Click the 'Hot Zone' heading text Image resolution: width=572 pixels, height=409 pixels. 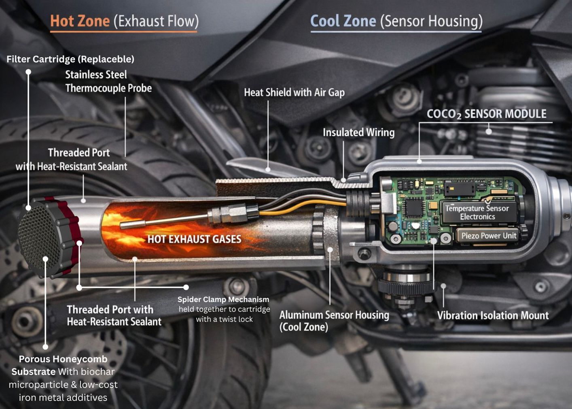pos(80,21)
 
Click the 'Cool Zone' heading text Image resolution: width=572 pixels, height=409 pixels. pos(343,21)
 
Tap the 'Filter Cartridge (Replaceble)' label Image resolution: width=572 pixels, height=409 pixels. pos(70,59)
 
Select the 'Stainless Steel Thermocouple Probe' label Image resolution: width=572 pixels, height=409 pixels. pos(108,81)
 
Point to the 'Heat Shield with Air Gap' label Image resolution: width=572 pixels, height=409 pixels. pos(294,93)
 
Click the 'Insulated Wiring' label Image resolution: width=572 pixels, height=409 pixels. pos(358,132)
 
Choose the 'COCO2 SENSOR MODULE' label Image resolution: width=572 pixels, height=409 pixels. pos(486,114)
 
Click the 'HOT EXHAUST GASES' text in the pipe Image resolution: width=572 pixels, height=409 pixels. pos(194,239)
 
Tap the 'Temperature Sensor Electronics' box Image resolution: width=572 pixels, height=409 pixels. pos(477,212)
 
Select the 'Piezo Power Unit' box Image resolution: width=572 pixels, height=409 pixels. pos(489,236)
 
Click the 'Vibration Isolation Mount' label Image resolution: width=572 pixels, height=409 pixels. pos(493,315)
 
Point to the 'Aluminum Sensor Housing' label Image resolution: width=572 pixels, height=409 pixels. pos(334,315)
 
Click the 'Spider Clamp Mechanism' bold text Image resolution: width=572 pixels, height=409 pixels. pos(223,300)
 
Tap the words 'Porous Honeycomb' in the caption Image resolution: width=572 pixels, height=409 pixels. pos(63,359)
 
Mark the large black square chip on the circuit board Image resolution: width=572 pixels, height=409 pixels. pos(414,207)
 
